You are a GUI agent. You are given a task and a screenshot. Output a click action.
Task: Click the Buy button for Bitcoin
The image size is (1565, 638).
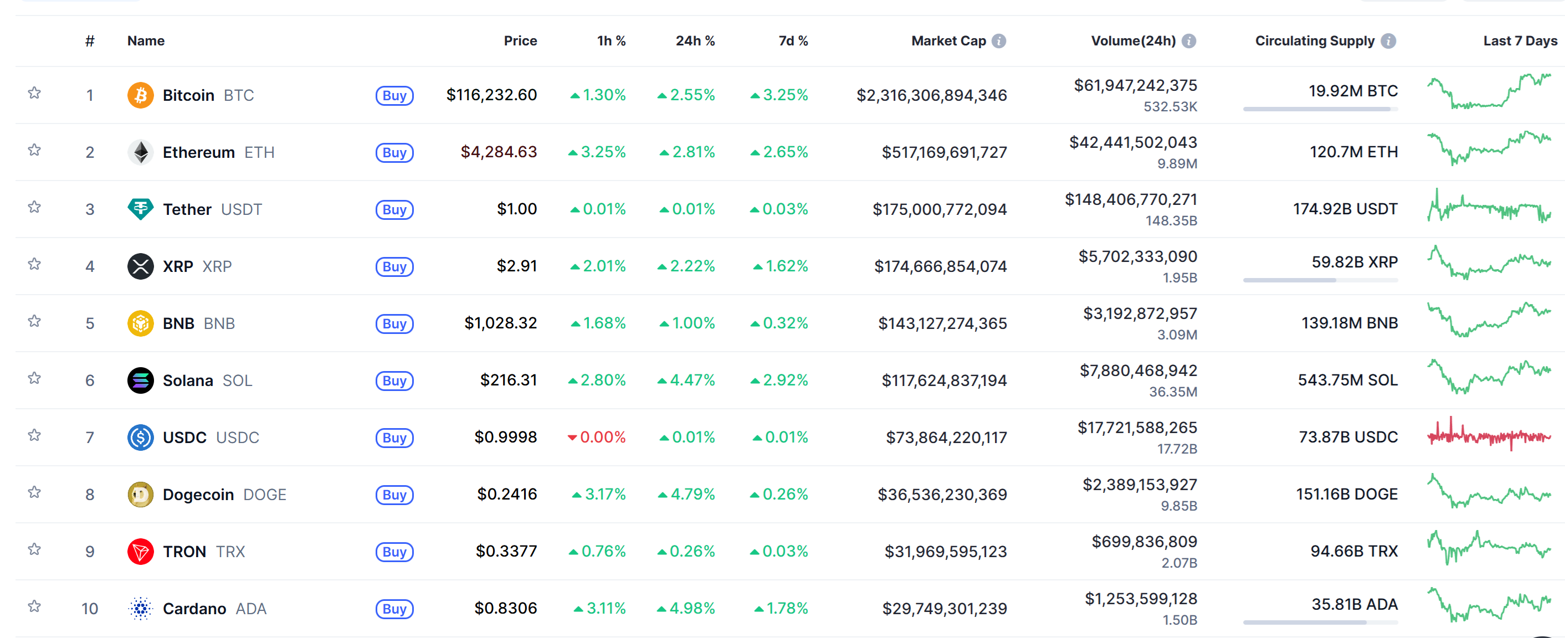394,95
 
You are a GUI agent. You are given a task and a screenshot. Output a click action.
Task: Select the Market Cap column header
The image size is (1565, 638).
948,41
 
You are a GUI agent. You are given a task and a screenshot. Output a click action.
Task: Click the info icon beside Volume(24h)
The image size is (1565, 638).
1189,41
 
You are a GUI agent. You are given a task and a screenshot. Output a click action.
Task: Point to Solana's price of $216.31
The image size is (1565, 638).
508,380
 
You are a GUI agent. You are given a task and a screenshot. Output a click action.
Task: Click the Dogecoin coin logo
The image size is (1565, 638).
140,495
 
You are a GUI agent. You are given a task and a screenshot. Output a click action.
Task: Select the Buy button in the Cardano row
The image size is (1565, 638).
394,609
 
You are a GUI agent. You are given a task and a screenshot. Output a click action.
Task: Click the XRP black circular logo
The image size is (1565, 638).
140,266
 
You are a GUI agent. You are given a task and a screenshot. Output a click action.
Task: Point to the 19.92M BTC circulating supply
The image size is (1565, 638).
1352,91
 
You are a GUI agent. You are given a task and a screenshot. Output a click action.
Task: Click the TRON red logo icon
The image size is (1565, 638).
140,552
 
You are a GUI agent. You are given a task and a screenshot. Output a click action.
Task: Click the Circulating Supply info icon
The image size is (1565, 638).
1388,41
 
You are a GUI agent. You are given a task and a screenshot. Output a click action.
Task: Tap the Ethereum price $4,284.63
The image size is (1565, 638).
498,152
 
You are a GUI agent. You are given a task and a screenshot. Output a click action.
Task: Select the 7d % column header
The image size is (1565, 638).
793,41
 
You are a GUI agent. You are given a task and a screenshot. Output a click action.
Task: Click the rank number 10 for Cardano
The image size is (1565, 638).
90,609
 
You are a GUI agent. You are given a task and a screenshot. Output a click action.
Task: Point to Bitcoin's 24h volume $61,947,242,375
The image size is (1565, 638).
1135,86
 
